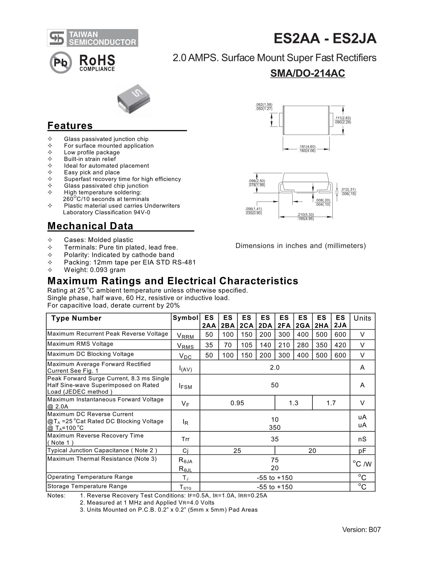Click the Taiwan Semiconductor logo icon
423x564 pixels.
click(57, 38)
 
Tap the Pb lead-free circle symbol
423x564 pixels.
click(61, 62)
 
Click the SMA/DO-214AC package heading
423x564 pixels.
click(308, 73)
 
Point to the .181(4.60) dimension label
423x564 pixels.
click(307, 147)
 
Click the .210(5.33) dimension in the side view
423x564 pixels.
click(305, 215)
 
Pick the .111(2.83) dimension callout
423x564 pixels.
click(343, 118)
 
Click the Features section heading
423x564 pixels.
click(70, 126)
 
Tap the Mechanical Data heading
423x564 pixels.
click(90, 226)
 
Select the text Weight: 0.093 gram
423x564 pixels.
click(95, 270)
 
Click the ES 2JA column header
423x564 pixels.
click(340, 321)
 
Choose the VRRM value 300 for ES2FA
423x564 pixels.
click(284, 334)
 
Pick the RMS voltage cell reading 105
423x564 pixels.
click(246, 345)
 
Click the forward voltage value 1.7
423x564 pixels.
click(331, 403)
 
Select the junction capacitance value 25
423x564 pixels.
click(237, 450)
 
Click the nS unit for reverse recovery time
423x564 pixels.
click(362, 439)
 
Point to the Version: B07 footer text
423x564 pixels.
click(361, 530)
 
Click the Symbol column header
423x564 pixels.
click(185, 318)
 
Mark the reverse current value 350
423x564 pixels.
click(274, 427)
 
